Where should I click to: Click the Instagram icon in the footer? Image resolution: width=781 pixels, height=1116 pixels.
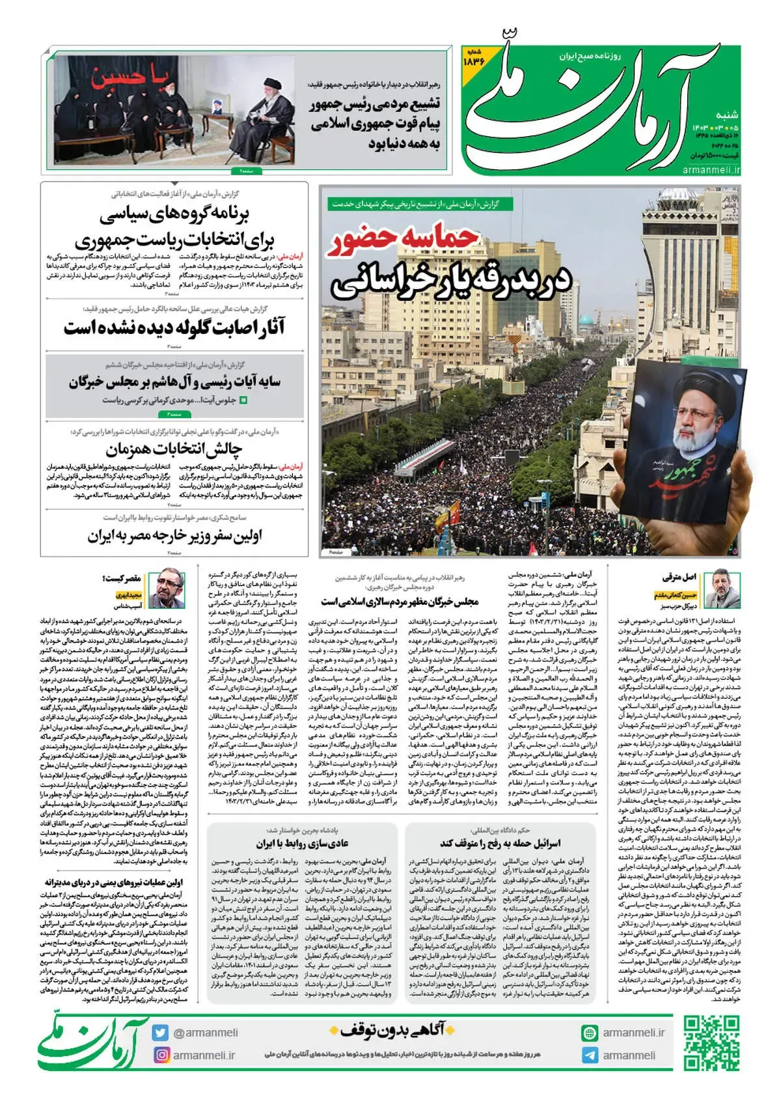[x=161, y=1055]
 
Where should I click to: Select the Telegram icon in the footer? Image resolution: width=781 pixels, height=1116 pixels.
[x=590, y=1055]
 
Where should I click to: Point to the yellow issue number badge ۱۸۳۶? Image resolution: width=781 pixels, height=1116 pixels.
[x=474, y=58]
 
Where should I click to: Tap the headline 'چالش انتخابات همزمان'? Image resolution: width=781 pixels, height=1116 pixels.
[x=174, y=449]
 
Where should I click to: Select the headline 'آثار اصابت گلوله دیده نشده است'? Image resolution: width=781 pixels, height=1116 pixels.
[x=174, y=328]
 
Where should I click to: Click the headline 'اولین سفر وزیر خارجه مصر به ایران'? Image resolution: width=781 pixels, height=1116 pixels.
[x=174, y=537]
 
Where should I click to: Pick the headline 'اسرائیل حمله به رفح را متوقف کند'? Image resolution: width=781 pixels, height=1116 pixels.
[x=500, y=843]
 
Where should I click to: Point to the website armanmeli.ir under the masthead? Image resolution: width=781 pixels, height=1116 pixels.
[x=711, y=171]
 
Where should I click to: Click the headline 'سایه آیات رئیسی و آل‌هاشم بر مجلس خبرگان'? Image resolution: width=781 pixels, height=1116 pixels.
[x=174, y=382]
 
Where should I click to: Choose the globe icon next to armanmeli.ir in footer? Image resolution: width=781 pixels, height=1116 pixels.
[x=590, y=1033]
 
